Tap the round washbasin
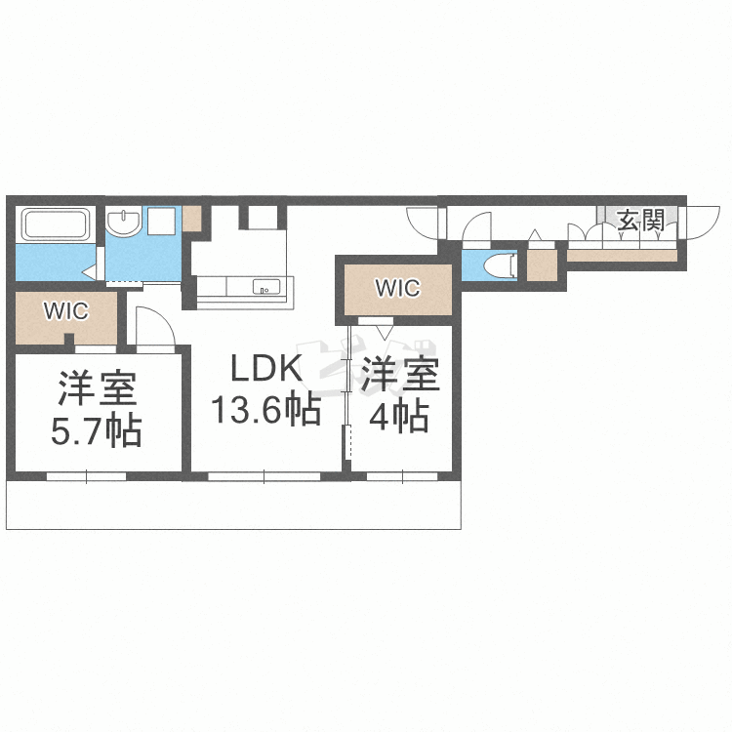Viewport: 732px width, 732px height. tap(124, 224)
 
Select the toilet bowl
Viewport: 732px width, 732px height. tap(502, 264)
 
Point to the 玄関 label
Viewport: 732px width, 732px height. tap(641, 221)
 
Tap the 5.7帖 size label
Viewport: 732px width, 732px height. tap(97, 429)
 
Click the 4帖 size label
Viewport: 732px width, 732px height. tap(398, 418)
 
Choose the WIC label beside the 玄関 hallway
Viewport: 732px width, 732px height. tap(397, 289)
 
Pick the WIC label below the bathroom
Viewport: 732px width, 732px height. tap(65, 312)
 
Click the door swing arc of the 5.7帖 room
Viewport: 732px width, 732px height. tap(153, 326)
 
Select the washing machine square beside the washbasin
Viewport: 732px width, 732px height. tap(161, 222)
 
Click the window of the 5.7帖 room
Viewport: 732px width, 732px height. tap(86, 476)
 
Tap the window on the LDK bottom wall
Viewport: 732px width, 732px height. tap(264, 476)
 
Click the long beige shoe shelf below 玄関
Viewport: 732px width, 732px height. tap(621, 256)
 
